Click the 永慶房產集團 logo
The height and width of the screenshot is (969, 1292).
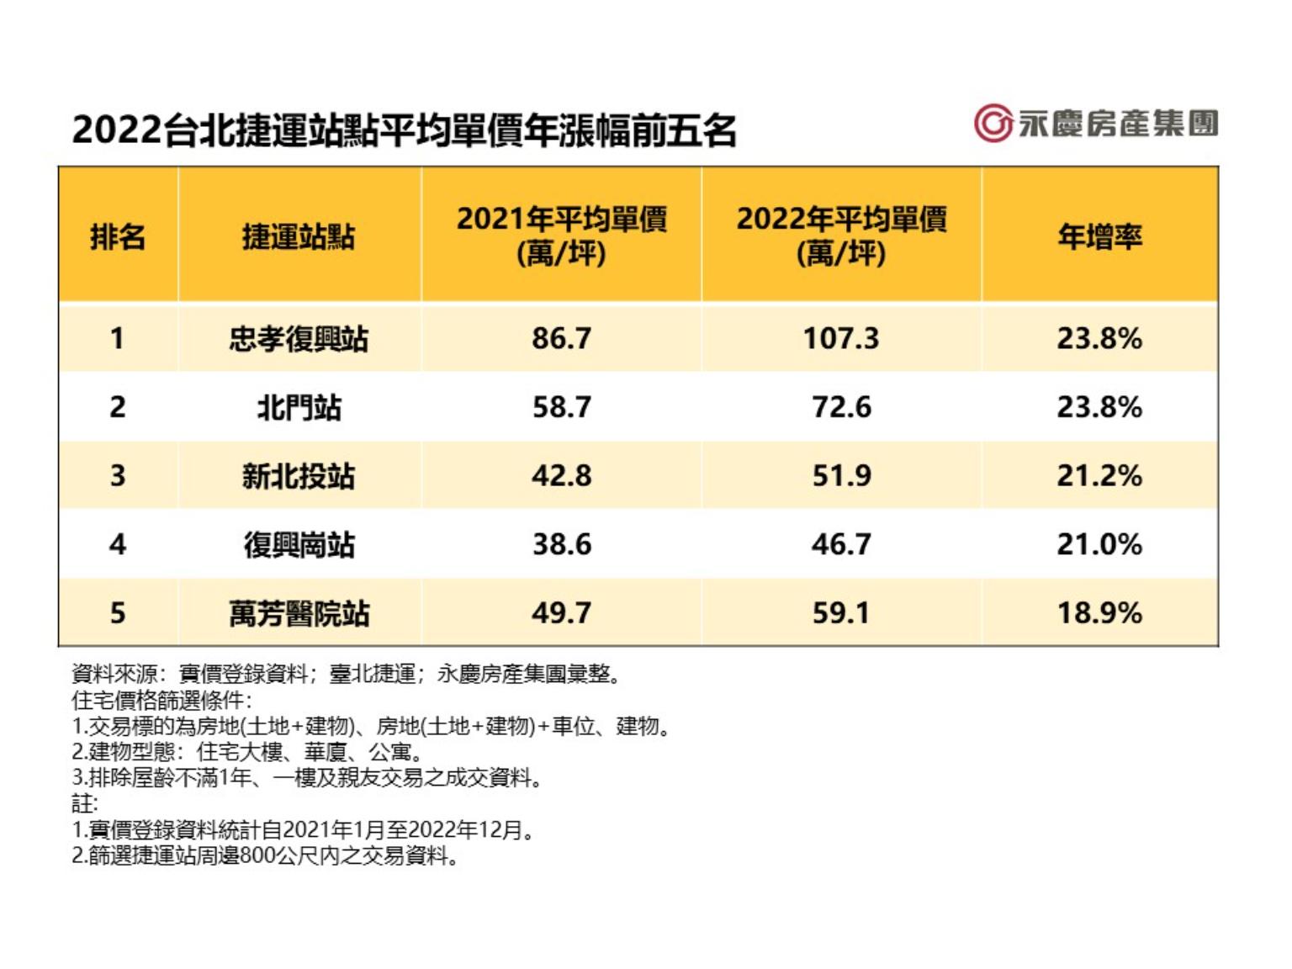tap(1096, 124)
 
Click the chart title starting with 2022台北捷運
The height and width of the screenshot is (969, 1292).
tap(405, 131)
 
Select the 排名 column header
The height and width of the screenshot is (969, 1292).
tap(118, 236)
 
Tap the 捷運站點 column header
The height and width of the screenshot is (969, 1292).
tap(299, 236)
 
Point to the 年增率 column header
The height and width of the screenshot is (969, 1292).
tap(1099, 236)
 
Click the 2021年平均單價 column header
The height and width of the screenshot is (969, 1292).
tap(561, 236)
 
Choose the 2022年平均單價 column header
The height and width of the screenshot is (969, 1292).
tap(841, 236)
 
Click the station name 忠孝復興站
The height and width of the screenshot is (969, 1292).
tap(299, 339)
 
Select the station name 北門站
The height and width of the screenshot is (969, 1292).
tap(299, 408)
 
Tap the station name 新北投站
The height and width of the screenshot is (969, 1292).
tap(299, 476)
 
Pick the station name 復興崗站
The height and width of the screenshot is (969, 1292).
tap(299, 545)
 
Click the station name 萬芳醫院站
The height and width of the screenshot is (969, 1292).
tap(299, 613)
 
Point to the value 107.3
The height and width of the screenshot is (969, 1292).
tap(841, 339)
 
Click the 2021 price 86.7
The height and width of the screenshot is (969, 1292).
tap(561, 339)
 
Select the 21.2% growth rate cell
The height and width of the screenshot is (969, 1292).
tap(1099, 476)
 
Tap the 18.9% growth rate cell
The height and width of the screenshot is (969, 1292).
tap(1099, 613)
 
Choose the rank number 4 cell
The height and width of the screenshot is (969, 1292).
tap(118, 545)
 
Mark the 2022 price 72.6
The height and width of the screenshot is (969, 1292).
tap(841, 408)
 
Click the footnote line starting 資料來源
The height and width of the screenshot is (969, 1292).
tap(347, 674)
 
